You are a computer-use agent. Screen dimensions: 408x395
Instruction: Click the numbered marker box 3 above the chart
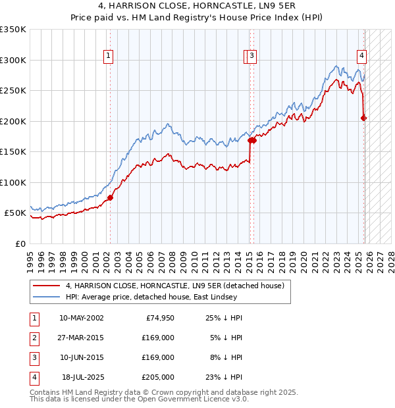coord(252,57)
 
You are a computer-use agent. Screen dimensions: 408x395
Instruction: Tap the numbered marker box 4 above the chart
coord(362,57)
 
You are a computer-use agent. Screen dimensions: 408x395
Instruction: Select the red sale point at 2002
coord(110,197)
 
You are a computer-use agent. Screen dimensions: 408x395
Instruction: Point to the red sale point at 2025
coord(364,118)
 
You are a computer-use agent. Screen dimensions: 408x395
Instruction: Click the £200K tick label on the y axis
coord(13,121)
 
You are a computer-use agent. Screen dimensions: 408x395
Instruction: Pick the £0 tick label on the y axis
coord(20,243)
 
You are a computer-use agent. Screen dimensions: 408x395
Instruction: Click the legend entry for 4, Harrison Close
coord(174,286)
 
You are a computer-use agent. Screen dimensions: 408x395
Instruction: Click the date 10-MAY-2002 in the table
coord(81,318)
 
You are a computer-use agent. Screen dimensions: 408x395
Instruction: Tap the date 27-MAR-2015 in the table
coord(81,338)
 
